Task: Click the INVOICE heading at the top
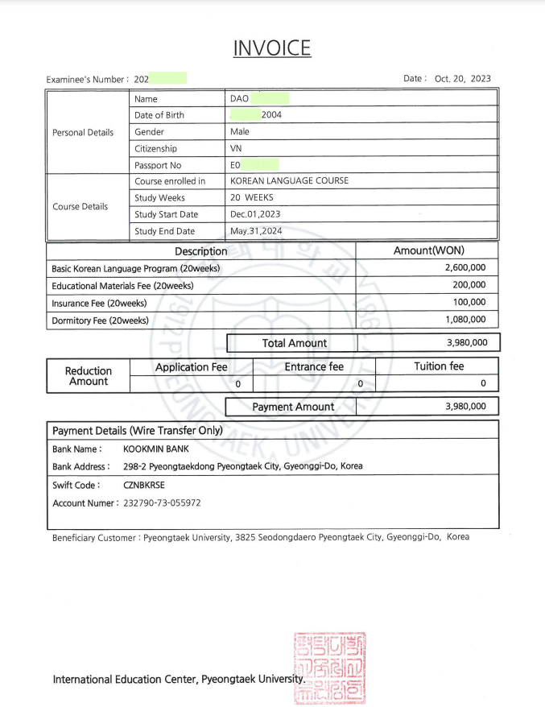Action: tap(272, 48)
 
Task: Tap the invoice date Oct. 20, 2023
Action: tap(462, 79)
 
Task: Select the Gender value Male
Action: tap(240, 132)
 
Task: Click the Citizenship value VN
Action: tap(237, 149)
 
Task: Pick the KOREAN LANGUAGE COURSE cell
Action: tap(289, 181)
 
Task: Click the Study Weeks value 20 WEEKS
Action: tap(252, 198)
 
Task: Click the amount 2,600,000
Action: tap(465, 268)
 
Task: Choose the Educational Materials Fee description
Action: tap(122, 286)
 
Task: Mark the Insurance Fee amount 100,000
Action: tap(470, 303)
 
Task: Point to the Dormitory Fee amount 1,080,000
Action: tap(465, 320)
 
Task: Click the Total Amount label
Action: tap(294, 343)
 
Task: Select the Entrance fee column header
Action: tap(314, 367)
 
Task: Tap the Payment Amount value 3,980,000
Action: tap(465, 407)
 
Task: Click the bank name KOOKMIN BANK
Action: tap(156, 449)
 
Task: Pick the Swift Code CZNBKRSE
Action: tap(144, 486)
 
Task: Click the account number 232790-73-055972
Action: tap(162, 503)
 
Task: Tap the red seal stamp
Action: tap(330, 668)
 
